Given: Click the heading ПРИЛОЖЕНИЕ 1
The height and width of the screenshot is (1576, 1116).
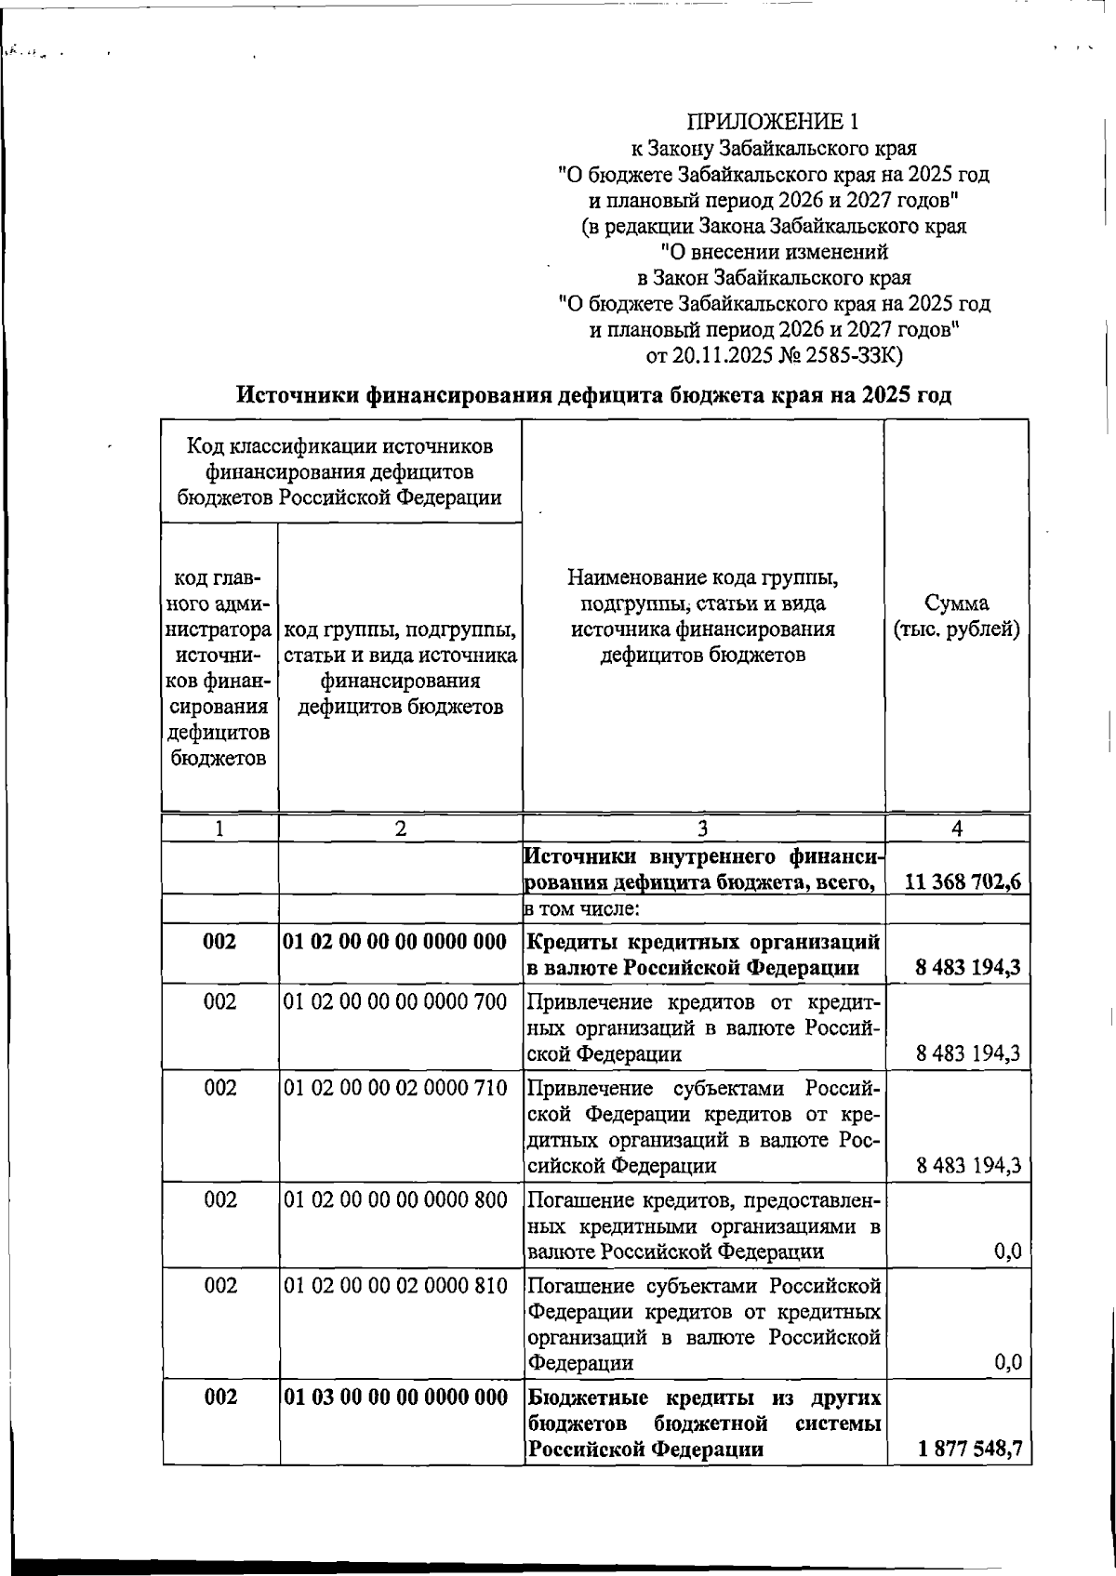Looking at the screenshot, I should click(773, 122).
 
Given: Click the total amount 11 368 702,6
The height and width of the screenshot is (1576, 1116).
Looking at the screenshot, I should click(963, 881).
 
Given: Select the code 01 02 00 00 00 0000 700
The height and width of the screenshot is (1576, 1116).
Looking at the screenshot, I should click(395, 1002).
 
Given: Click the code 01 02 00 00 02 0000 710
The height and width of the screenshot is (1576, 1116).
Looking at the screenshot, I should click(395, 1088).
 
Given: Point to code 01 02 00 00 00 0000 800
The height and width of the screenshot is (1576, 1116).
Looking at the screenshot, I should click(395, 1199).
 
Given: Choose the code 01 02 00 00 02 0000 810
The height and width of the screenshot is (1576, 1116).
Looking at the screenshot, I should click(395, 1286).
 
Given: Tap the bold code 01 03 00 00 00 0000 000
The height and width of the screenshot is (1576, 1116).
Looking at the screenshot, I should click(395, 1397).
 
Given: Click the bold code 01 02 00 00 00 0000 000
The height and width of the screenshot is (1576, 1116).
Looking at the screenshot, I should click(395, 942).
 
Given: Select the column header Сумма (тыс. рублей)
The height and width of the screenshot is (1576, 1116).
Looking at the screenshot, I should click(957, 616).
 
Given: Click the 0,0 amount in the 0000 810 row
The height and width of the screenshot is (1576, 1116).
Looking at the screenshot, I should click(1007, 1363).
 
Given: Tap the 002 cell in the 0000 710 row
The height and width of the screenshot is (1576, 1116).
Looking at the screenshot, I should click(220, 1088).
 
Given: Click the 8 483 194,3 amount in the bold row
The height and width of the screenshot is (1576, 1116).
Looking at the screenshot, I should click(967, 968).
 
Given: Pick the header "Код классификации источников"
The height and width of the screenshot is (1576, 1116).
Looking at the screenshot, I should click(340, 446).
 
